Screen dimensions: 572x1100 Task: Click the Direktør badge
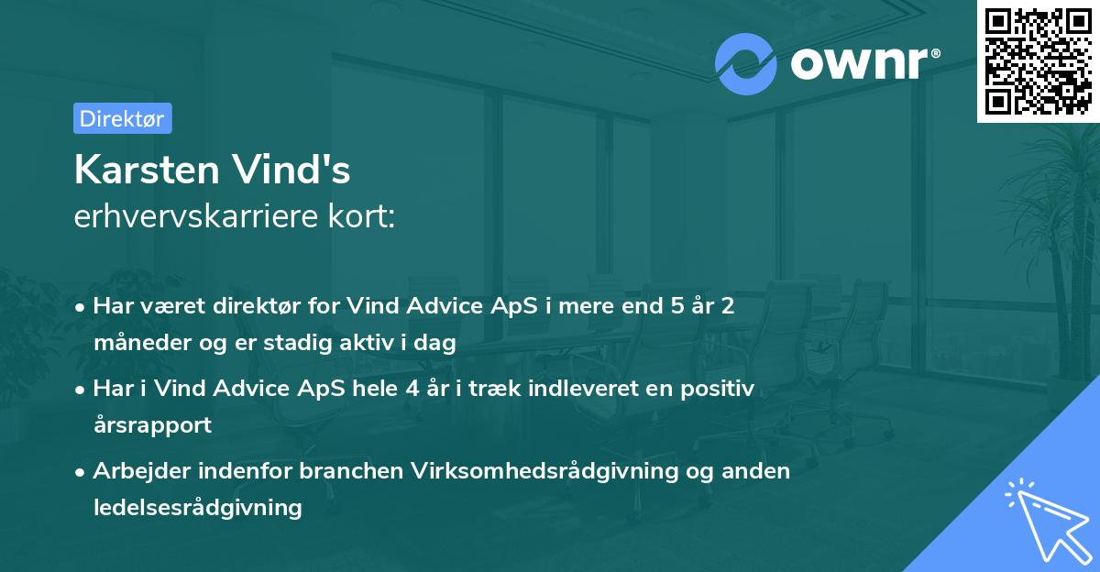coord(122,118)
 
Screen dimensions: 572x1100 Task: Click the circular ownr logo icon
coord(746,63)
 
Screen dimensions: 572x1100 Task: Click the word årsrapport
coord(152,425)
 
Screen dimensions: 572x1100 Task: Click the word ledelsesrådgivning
coord(197,508)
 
